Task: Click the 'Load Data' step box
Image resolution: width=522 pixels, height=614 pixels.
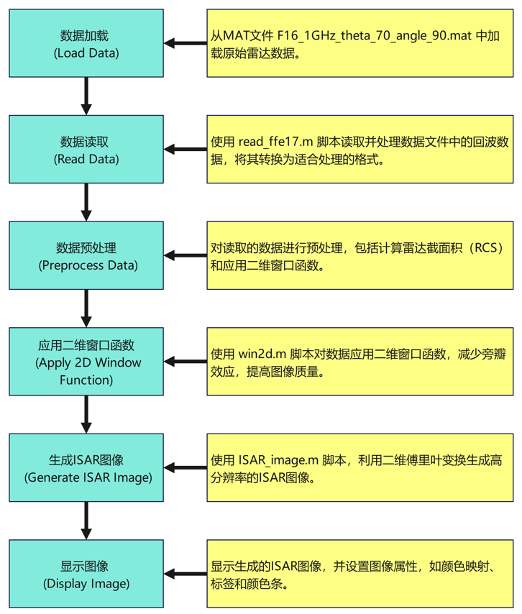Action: (86, 43)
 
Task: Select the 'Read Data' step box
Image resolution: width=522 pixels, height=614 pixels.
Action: (86, 150)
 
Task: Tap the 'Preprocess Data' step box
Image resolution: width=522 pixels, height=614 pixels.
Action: (86, 256)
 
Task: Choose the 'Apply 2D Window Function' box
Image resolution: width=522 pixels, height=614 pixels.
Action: (86, 362)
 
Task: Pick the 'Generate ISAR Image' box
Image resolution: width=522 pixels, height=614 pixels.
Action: (86, 468)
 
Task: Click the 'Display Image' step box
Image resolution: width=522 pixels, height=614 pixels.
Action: (86, 574)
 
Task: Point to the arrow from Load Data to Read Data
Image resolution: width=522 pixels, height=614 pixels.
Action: (86, 96)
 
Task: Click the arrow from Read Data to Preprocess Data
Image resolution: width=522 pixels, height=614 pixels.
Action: (86, 202)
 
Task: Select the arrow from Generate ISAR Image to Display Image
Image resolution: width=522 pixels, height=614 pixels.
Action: (86, 521)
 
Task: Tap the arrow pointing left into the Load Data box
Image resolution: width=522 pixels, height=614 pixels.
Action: (186, 43)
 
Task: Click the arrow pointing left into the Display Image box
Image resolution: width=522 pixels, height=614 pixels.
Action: (186, 574)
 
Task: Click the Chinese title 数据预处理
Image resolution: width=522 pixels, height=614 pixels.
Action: (86, 248)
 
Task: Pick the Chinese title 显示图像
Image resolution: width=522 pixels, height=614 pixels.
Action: (86, 566)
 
